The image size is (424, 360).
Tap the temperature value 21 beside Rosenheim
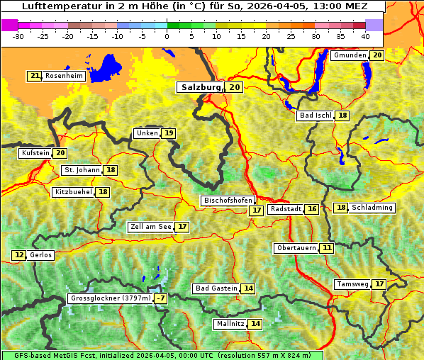point(34,76)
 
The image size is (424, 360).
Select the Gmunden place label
point(350,55)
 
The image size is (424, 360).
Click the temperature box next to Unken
point(168,133)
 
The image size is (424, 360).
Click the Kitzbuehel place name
point(74,192)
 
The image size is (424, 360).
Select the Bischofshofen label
point(227,201)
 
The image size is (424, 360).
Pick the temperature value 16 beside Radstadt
point(312,209)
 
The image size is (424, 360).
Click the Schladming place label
point(372,208)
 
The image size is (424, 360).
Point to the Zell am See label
point(151,227)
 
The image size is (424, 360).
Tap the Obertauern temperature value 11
point(326,248)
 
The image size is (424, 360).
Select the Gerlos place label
point(41,255)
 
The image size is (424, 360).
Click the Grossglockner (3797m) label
point(111,299)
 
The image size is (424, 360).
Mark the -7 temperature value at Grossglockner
point(161,299)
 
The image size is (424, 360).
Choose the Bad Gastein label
point(216,288)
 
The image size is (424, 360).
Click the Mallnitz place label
point(230,324)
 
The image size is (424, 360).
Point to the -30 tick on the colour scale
point(18,35)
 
